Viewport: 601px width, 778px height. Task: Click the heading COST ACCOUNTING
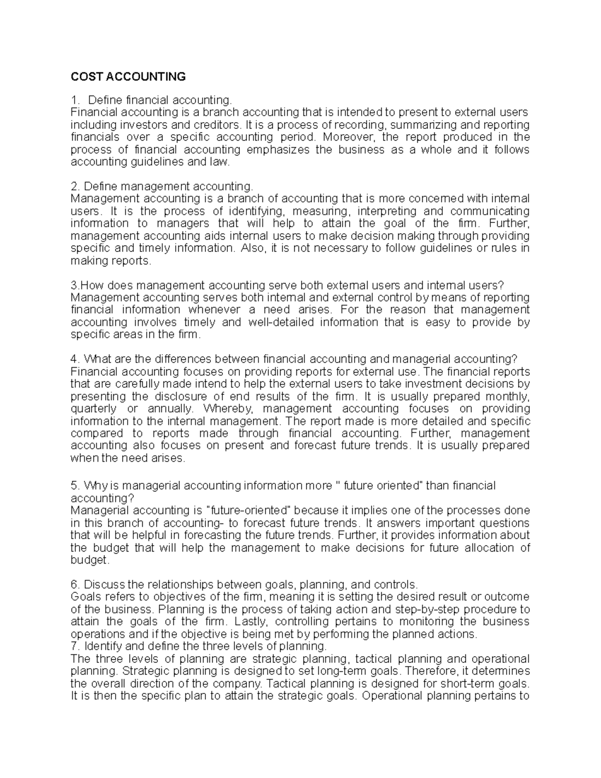pos(128,77)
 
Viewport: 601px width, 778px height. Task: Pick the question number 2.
pos(74,186)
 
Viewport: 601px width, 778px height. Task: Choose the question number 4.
pos(74,359)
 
